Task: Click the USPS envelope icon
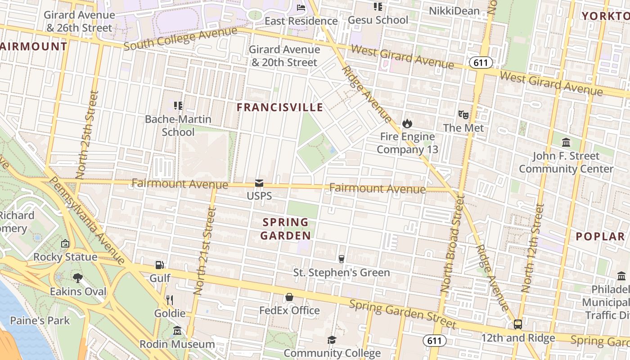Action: (x=259, y=183)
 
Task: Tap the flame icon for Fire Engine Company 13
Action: (x=407, y=123)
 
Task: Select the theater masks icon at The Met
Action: (x=463, y=115)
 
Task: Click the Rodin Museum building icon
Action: (x=177, y=331)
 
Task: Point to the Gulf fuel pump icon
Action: (x=159, y=265)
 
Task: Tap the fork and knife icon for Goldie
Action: (x=170, y=300)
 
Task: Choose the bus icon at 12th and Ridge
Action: (x=518, y=324)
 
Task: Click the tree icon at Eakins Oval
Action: (x=78, y=278)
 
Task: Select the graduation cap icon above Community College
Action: (x=332, y=340)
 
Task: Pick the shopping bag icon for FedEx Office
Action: (x=289, y=297)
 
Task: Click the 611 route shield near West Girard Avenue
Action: (x=481, y=63)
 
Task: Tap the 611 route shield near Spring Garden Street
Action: (x=434, y=341)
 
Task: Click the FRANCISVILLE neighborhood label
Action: (x=280, y=107)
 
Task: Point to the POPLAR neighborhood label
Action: (x=600, y=236)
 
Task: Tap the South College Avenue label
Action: (x=180, y=39)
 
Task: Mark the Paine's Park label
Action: (x=40, y=320)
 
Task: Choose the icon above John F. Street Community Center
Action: (x=566, y=143)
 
